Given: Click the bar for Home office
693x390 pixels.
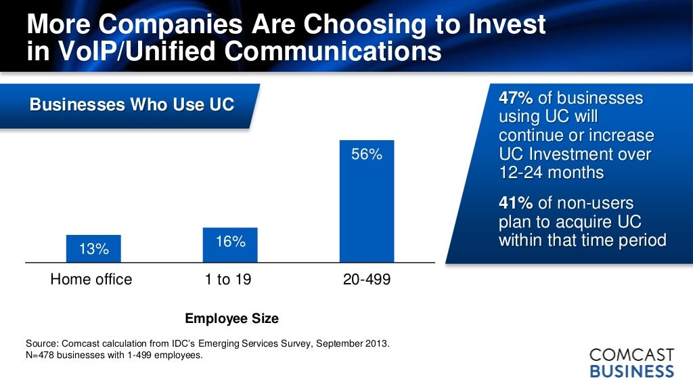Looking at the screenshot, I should (93, 248).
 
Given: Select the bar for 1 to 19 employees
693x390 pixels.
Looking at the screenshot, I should (230, 245).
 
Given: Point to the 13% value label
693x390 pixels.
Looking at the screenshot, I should (93, 249).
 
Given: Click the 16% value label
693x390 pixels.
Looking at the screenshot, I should (231, 241).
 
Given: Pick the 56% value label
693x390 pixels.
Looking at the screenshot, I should (367, 154).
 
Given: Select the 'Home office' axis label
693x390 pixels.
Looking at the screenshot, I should (91, 279).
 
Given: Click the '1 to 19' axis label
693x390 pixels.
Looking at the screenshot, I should (228, 279).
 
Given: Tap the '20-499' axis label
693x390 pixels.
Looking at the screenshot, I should (367, 279).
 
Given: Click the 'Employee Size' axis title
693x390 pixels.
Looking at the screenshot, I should (231, 318).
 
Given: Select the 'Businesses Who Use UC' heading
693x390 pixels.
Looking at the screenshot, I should (132, 105).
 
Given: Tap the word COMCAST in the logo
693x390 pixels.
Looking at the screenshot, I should (631, 355).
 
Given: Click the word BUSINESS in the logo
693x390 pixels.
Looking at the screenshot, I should (631, 371).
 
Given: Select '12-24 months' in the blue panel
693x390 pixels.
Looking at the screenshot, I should (551, 172).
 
